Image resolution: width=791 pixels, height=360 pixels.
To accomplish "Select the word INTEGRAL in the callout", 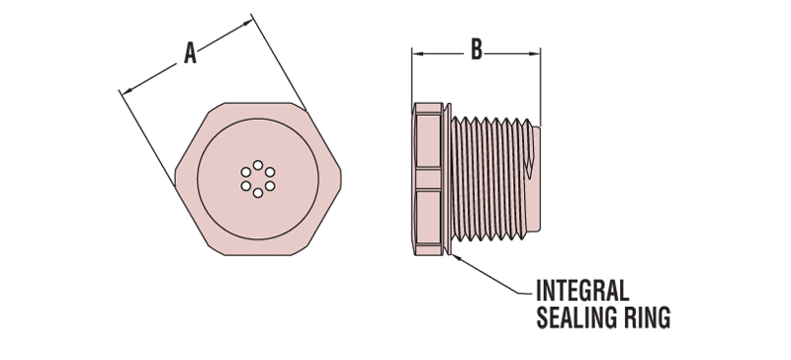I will (x=581, y=292).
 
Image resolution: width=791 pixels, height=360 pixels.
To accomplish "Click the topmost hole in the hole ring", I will (x=257, y=165).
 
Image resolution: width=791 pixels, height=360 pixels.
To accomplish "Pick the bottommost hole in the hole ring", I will (x=257, y=193).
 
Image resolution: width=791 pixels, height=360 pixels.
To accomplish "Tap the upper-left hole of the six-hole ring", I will (x=245, y=172).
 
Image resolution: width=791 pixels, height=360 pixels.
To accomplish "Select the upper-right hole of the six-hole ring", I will (x=269, y=172).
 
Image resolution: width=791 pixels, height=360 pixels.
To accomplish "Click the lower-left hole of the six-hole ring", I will (x=245, y=186).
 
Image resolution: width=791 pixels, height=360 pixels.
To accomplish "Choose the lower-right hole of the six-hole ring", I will (x=269, y=186).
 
